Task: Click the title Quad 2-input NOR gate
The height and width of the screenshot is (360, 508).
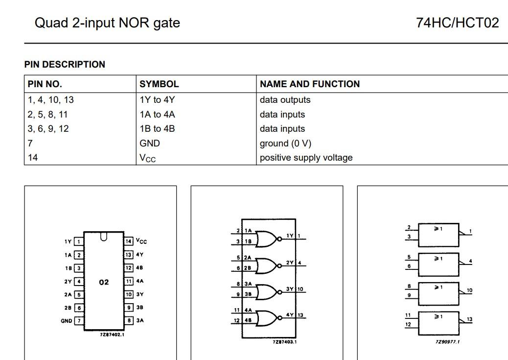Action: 107,23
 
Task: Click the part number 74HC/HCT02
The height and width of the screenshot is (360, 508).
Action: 457,23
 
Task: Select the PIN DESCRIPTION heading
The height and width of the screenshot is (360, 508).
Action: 65,64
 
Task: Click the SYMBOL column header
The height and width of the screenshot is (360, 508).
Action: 159,84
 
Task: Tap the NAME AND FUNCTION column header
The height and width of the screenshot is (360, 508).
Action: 309,84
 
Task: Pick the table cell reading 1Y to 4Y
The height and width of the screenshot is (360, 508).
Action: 157,99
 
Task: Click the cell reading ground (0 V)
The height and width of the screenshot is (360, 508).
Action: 285,143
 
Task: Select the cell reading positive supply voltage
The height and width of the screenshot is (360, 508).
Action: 306,157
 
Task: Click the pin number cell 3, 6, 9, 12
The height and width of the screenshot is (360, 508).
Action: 48,128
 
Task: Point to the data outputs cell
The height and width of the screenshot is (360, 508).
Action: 285,99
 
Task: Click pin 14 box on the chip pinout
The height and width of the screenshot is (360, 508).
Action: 128,241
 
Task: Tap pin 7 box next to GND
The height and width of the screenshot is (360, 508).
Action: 79,321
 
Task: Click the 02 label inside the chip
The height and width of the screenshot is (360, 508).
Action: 104,282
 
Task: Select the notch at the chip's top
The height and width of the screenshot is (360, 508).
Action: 104,237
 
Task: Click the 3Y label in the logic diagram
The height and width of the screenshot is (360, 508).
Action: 290,289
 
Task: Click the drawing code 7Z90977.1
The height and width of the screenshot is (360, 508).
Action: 447,342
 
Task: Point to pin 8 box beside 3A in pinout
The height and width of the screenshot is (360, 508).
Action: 128,321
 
